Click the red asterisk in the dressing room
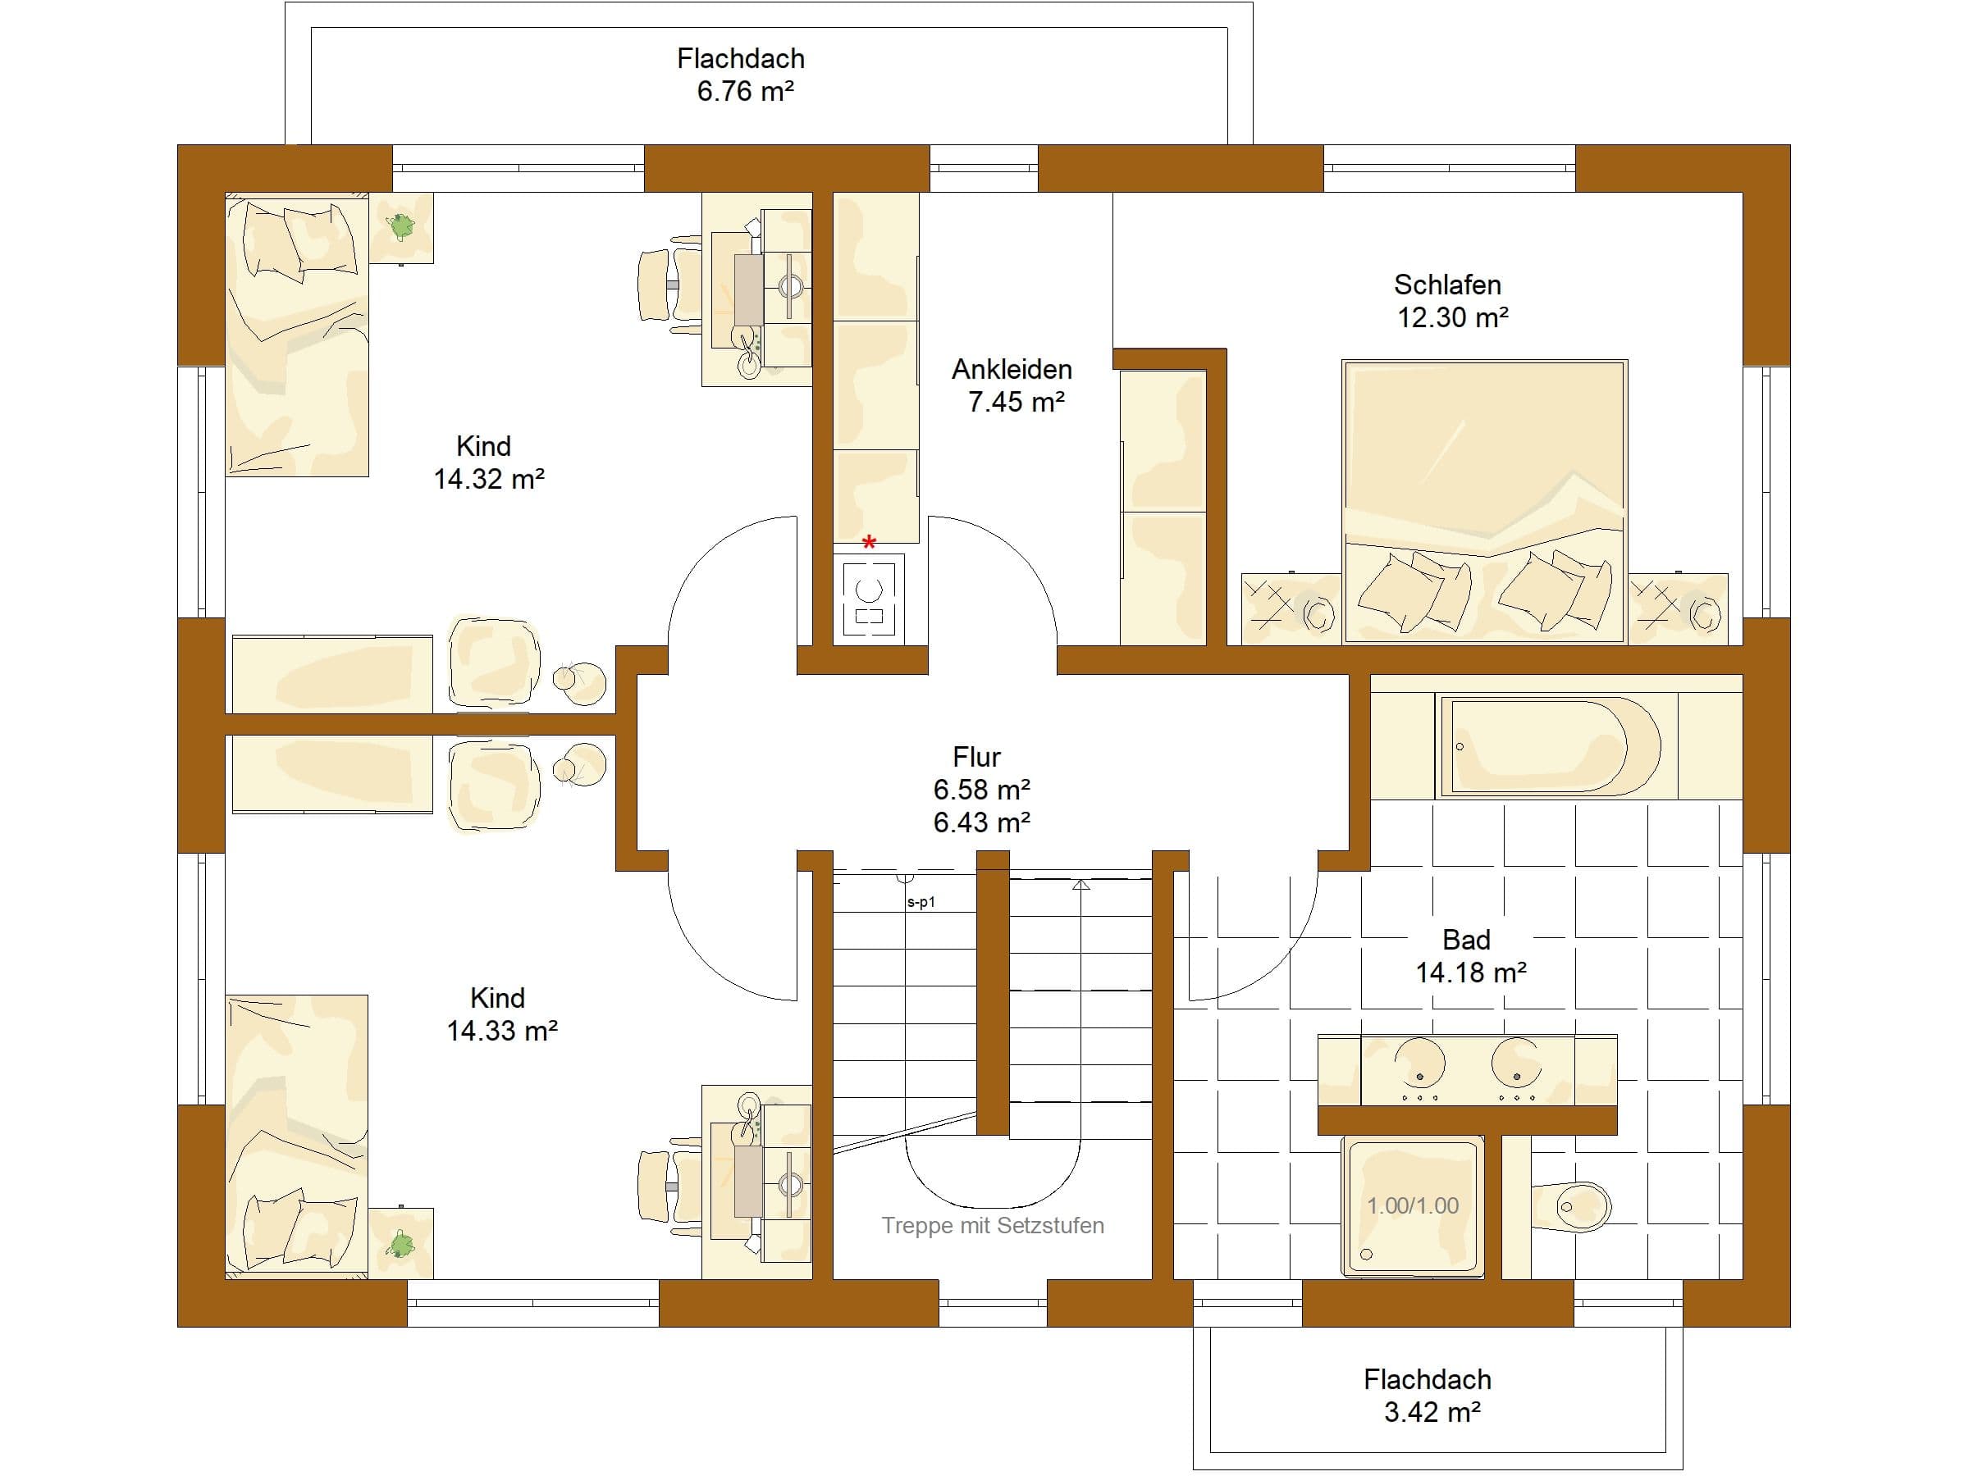[869, 542]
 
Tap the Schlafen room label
[1447, 285]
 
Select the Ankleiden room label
[1012, 369]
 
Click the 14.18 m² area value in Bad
[1471, 973]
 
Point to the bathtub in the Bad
[1550, 745]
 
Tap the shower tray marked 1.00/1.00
[1413, 1205]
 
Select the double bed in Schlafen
[1485, 501]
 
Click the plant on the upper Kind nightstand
[401, 226]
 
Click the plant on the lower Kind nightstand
[401, 1243]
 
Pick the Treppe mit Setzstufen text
[993, 1225]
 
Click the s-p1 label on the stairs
[921, 902]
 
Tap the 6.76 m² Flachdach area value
[745, 91]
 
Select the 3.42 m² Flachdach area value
[1432, 1412]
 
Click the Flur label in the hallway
[976, 757]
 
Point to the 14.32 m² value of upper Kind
[489, 479]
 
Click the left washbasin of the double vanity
[1420, 1065]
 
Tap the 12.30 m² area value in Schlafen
[1453, 317]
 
